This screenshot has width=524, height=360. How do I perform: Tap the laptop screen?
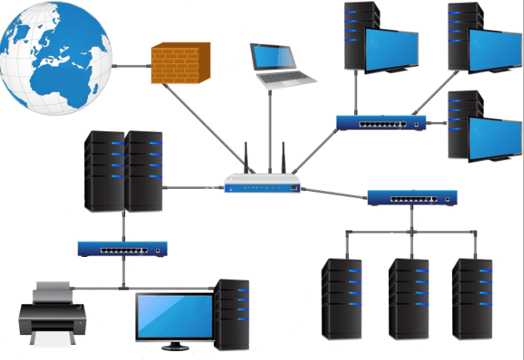click(274, 57)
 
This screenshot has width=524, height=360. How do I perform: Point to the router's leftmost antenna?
click(245, 158)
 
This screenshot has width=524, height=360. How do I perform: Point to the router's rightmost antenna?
click(284, 158)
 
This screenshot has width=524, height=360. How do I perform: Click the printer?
click(46, 314)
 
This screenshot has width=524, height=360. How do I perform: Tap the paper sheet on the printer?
click(51, 287)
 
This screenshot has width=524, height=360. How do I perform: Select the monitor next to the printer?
click(174, 318)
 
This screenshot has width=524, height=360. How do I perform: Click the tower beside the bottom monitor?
click(231, 314)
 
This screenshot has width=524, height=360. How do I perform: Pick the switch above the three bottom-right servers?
click(413, 199)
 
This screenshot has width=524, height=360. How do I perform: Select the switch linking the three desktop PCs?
click(381, 123)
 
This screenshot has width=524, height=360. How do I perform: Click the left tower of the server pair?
click(105, 171)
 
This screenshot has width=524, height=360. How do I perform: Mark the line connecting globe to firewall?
click(131, 65)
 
